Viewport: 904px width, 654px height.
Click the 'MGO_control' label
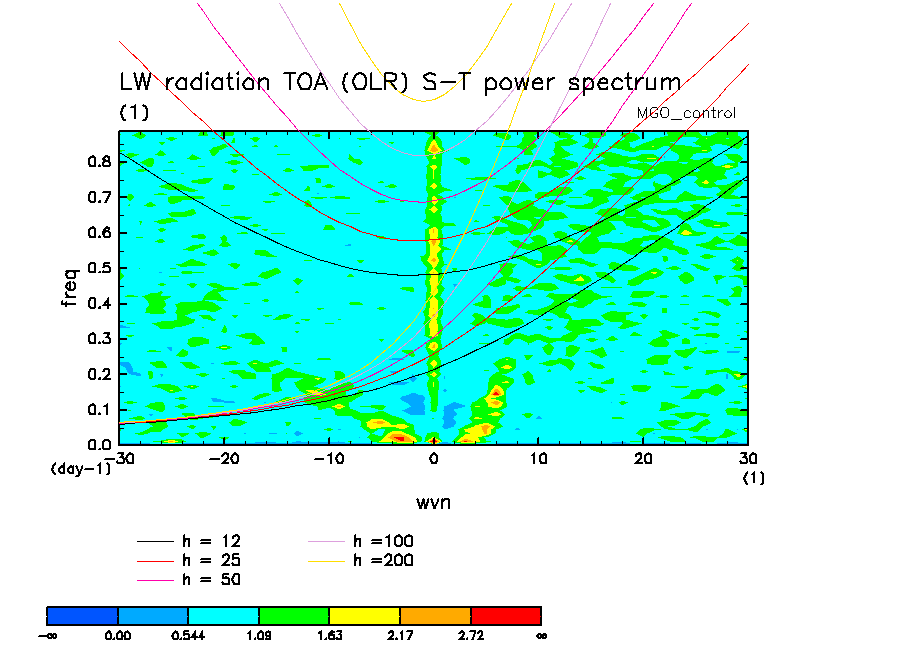686,113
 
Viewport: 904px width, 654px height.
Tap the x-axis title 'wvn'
433,502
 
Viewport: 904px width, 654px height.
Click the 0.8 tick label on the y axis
98,163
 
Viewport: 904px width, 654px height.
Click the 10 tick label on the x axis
538,457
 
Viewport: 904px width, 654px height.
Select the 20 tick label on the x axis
643,457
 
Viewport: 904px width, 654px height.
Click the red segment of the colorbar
506,614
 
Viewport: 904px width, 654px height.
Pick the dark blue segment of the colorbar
83,614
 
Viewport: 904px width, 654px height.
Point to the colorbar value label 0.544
188,635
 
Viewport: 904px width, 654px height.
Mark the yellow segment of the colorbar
365,614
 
